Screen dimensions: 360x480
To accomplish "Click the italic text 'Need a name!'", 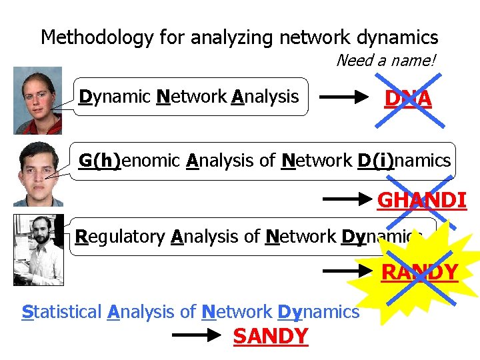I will [386, 61].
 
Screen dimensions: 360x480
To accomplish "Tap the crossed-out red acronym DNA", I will [408, 99].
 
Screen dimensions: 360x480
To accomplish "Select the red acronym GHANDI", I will [421, 199].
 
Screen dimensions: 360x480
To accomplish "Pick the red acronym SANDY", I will [271, 337].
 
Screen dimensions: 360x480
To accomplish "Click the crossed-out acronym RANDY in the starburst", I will [419, 272].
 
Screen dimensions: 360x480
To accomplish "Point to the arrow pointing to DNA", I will [345, 98].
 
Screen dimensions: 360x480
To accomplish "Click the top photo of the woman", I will [37, 100].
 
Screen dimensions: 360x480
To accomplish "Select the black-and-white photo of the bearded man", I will [38, 249].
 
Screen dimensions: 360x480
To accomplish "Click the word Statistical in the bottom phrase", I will [62, 311].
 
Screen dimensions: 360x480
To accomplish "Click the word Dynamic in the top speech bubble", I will [115, 97].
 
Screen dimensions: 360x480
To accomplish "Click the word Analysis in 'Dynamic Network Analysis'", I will [265, 97].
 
